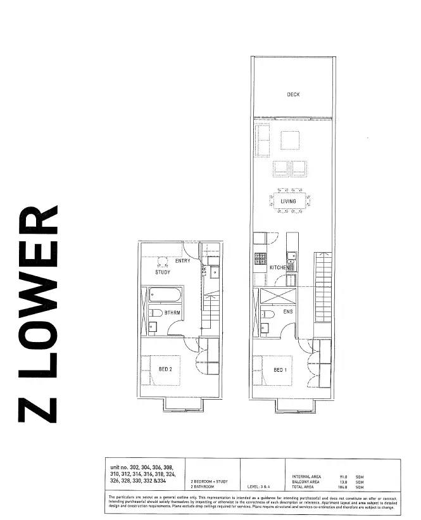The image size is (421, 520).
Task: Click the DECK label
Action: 292,94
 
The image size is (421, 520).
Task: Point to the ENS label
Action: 287,312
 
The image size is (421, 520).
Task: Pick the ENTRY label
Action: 182,261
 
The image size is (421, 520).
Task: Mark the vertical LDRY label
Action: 204,269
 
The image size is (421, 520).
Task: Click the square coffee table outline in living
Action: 289,140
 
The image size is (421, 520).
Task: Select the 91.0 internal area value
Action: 346,476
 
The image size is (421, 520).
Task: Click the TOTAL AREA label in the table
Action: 305,486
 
